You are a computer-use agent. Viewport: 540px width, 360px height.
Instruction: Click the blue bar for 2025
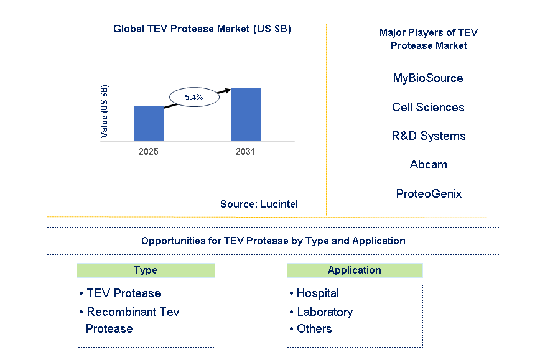pos(149,123)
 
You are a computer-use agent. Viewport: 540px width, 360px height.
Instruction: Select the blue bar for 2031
pos(246,114)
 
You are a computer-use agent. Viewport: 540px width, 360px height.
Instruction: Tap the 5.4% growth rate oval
pos(194,97)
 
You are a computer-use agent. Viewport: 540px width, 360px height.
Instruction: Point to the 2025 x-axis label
pos(149,151)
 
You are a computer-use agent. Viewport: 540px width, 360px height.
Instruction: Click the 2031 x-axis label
pos(246,151)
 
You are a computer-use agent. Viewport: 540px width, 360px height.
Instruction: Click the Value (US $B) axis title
pos(104,111)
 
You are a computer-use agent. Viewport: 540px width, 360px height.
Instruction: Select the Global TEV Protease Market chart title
pos(202,29)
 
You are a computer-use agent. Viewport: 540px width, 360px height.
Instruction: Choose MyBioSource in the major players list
pos(428,78)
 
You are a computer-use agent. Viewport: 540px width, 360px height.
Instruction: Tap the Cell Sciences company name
pos(428,107)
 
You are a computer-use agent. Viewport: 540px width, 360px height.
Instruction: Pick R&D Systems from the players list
pos(428,136)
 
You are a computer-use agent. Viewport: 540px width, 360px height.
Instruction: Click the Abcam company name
pos(428,165)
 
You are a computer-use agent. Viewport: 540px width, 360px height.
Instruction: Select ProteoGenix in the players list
pos(428,193)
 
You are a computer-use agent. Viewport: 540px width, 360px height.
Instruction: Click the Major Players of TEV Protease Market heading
pos(428,39)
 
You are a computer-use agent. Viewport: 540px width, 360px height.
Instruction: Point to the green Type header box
pos(146,270)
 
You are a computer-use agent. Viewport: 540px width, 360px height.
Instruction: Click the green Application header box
pos(355,270)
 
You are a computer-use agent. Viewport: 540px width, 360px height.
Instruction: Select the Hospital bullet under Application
pos(317,293)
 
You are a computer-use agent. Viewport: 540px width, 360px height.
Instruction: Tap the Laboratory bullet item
pos(324,312)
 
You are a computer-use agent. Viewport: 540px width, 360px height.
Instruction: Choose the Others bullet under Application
pos(314,329)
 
